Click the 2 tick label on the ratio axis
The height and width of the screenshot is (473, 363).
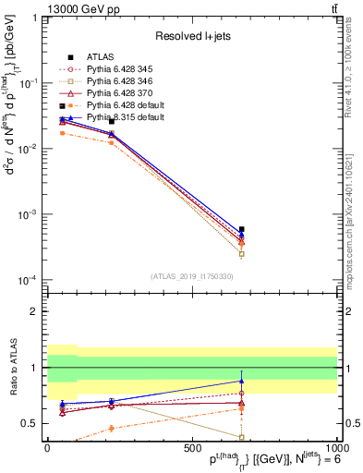(x=33, y=311)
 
